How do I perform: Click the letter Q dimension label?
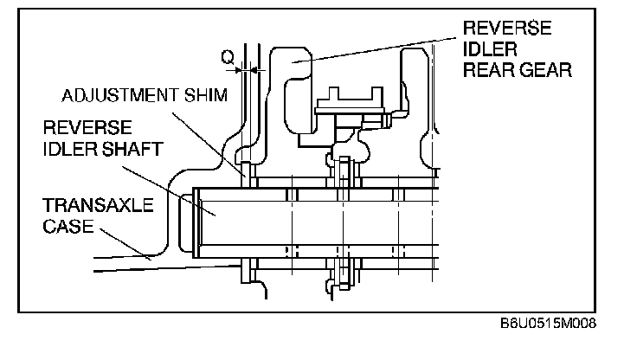[x=227, y=57]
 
